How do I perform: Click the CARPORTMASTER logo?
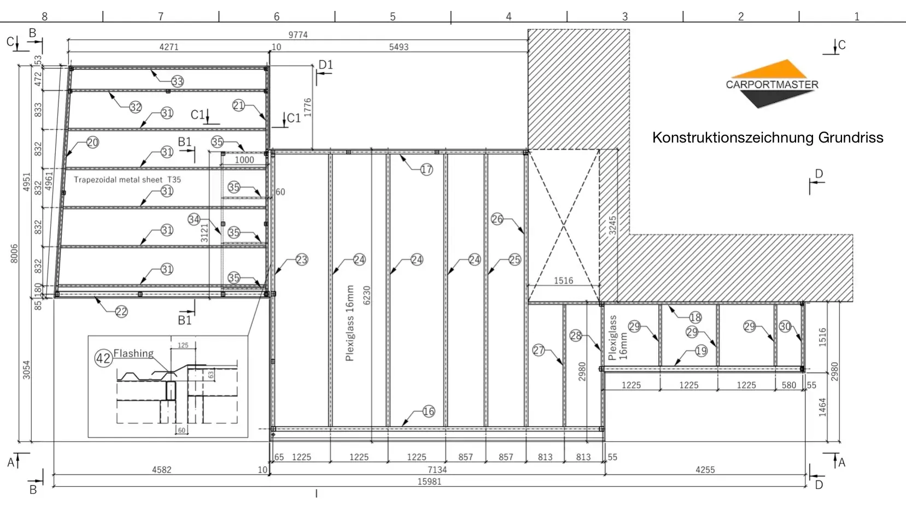point(772,84)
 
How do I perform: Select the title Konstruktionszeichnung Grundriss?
point(768,138)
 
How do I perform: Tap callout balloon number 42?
point(103,358)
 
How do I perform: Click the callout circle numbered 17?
point(426,170)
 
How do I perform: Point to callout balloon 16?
point(428,412)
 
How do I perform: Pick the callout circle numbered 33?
point(177,81)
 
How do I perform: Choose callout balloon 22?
point(121,311)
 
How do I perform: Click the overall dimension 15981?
point(429,482)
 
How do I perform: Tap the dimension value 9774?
point(297,35)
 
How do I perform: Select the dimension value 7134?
point(437,470)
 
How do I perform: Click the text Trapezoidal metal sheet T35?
point(127,180)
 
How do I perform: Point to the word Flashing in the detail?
point(133,353)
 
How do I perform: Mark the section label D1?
point(325,64)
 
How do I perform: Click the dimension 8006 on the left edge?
point(14,253)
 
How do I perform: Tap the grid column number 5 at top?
point(393,16)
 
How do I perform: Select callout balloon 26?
point(497,220)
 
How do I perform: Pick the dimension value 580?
point(788,385)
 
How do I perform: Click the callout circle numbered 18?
point(695,317)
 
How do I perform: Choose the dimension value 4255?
point(705,470)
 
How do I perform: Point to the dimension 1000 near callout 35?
point(244,159)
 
